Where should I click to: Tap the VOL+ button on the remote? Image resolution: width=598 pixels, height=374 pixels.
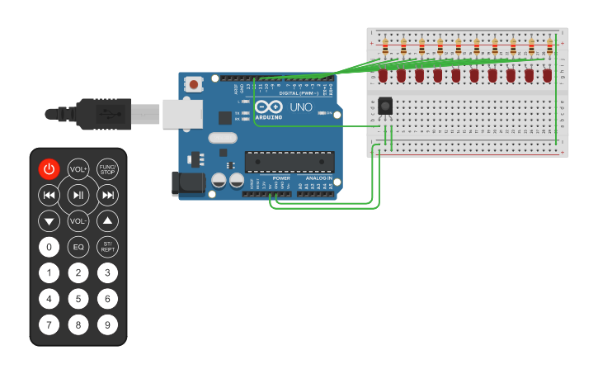pos(78,169)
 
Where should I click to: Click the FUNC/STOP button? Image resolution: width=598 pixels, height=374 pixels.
pos(107,169)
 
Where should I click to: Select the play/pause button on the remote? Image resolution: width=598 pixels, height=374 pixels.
pos(78,196)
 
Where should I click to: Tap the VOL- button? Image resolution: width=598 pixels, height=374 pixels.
pos(78,221)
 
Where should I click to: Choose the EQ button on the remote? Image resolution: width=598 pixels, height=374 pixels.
pos(78,247)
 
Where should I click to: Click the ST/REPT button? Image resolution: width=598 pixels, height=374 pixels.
pos(107,247)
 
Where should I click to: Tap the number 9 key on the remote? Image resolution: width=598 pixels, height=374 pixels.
pos(107,324)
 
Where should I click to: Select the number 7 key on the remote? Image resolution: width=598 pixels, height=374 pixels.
pos(49,324)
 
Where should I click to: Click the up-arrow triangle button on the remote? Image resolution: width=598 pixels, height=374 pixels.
pos(107,221)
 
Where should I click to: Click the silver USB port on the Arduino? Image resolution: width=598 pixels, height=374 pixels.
pos(182,114)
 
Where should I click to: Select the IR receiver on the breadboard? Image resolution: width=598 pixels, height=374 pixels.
pos(385,107)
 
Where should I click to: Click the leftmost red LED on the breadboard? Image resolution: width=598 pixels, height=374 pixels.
pos(384,75)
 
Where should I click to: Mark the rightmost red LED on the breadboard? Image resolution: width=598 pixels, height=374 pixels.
pos(548,75)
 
